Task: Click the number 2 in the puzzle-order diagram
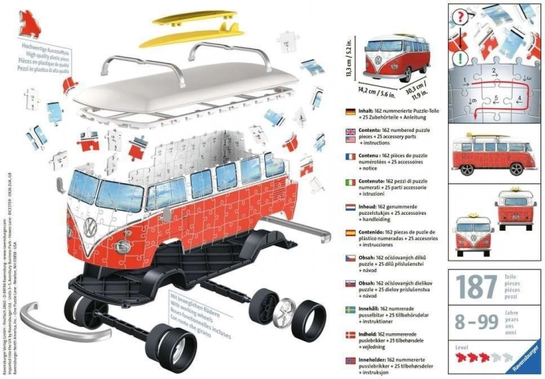pyautogui.click(x=493, y=71)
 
